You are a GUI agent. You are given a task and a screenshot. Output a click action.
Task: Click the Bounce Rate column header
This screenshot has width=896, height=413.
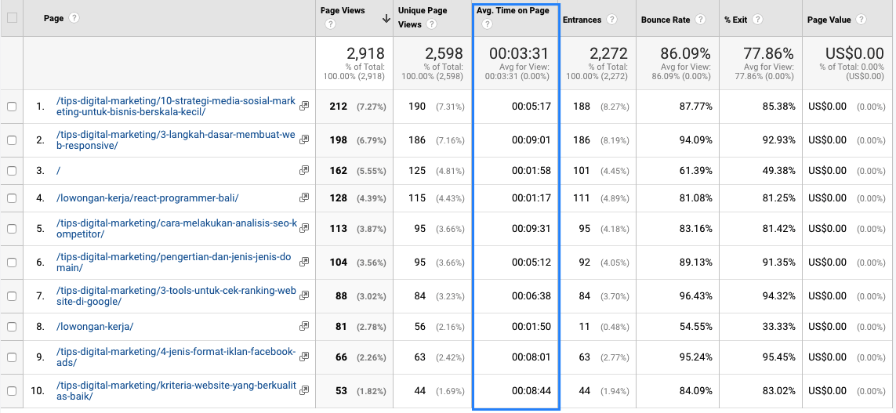(666, 20)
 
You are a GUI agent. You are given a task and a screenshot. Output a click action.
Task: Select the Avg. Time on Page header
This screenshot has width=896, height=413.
(513, 10)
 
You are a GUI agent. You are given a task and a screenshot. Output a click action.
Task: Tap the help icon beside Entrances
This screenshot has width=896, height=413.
(612, 20)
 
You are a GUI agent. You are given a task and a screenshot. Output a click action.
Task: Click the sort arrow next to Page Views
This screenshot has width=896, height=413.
(386, 18)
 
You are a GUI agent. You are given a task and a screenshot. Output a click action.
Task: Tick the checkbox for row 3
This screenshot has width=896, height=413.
(12, 170)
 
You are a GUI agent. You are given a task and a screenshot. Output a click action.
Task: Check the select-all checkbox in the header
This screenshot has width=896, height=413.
(12, 18)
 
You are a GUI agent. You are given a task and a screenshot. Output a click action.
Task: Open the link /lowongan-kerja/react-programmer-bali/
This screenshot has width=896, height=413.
(147, 198)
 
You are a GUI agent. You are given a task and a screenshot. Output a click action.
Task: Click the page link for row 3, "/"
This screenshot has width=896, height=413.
(59, 170)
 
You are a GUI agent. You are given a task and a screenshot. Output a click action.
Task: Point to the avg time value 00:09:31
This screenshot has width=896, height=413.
(531, 229)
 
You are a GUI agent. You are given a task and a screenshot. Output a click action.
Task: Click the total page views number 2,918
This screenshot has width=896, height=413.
(366, 54)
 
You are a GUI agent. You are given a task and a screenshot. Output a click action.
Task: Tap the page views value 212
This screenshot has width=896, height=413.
(339, 107)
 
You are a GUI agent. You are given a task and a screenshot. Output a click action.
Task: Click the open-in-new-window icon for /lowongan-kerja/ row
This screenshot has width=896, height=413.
(304, 326)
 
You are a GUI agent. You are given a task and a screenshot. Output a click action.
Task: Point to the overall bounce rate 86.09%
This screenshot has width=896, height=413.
(686, 54)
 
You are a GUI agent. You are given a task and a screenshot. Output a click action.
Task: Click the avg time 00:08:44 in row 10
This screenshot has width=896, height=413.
(531, 391)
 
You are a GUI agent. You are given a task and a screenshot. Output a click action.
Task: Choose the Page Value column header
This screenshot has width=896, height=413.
(829, 20)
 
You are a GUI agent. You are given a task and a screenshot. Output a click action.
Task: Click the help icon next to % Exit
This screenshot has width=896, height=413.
(757, 20)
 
